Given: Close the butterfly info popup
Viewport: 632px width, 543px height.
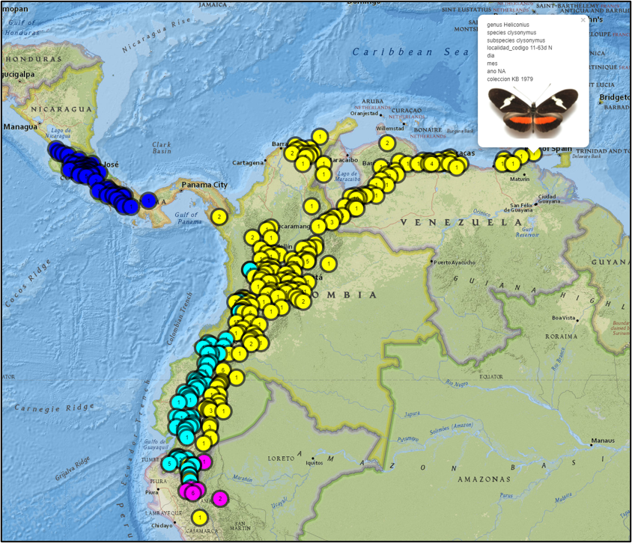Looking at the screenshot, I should (583, 20).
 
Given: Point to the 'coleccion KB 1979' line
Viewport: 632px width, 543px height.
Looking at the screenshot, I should (510, 79).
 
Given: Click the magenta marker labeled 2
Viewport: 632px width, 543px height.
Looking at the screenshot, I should (220, 498).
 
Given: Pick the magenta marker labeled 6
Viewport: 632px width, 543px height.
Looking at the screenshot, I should (193, 492).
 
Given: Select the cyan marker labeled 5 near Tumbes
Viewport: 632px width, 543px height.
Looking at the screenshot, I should (171, 464).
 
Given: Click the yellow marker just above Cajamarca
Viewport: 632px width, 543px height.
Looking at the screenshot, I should (199, 517).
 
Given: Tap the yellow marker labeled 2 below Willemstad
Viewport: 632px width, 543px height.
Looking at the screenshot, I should (386, 143).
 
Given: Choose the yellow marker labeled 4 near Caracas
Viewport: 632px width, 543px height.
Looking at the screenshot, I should (433, 162).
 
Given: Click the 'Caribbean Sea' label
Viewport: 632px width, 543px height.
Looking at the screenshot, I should (400, 52).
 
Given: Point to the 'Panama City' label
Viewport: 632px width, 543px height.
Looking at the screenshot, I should (204, 185).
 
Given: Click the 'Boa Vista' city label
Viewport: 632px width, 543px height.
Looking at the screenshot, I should (563, 318).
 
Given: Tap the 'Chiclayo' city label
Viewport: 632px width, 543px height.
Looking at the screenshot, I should (161, 525).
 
